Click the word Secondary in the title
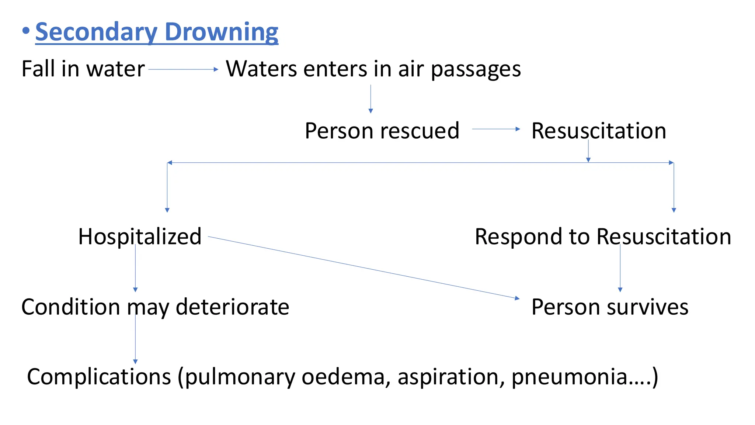click(96, 32)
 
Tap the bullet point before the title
click(25, 31)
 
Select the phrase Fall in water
click(83, 69)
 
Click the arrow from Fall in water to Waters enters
click(183, 69)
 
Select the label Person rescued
click(382, 131)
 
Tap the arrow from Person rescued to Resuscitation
click(496, 129)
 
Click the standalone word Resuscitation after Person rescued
click(599, 131)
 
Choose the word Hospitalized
click(140, 236)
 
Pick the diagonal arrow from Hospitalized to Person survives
click(363, 267)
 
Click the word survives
click(647, 307)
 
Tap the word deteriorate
click(233, 307)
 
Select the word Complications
click(99, 377)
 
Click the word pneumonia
click(570, 377)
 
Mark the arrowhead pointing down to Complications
click(135, 362)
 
